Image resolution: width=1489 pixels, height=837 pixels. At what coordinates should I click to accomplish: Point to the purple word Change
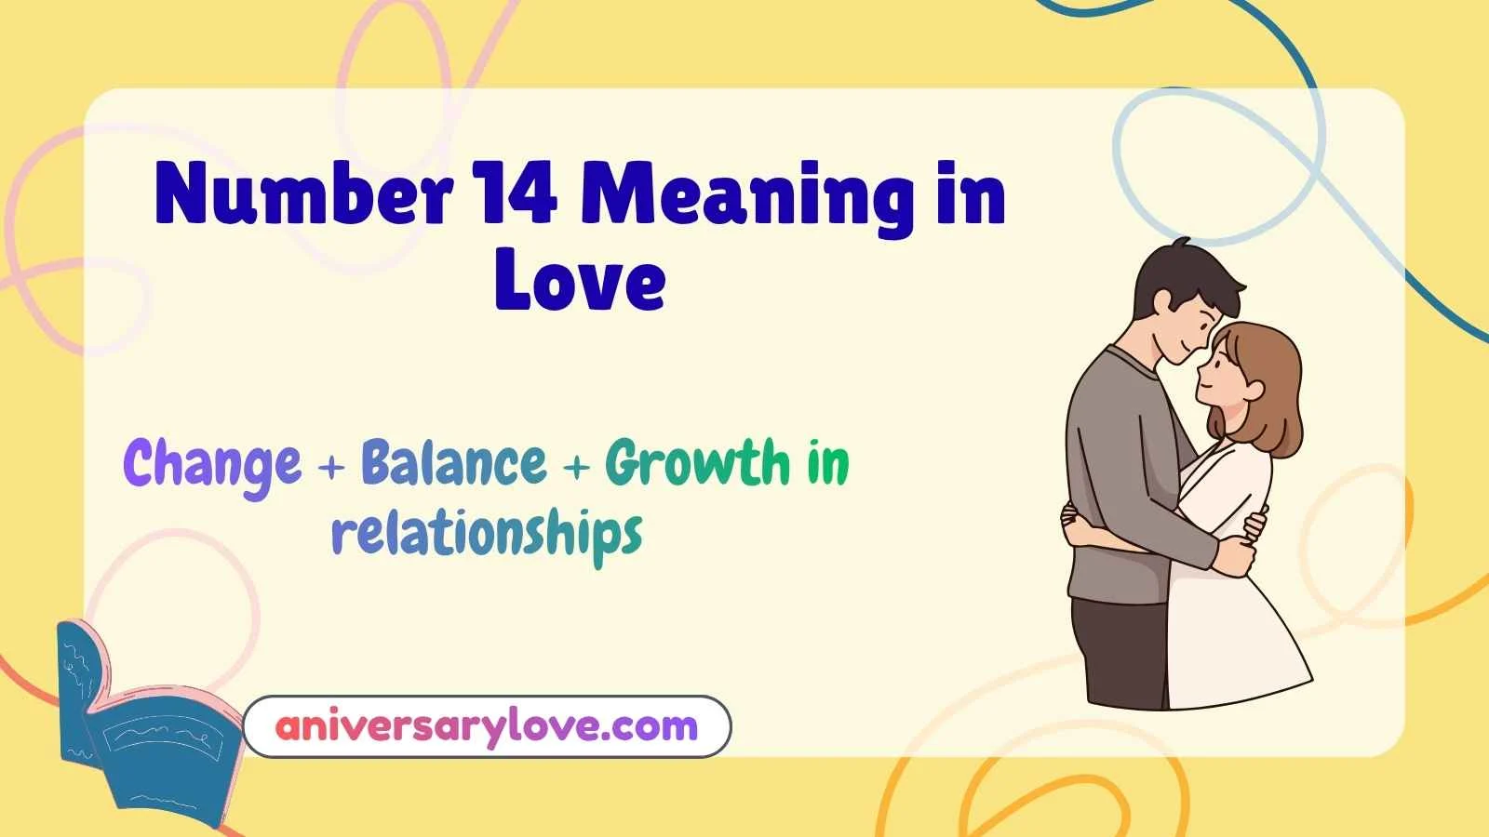coord(212,464)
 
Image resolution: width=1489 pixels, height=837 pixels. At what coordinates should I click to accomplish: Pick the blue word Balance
coord(453,462)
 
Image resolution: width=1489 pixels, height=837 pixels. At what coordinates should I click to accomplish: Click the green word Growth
coord(697,462)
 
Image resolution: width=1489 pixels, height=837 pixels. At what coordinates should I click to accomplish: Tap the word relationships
coord(487,534)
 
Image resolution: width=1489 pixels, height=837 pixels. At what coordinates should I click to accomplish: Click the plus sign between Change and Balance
coord(330,467)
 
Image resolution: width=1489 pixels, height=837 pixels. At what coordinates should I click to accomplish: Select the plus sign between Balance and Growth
coord(576,467)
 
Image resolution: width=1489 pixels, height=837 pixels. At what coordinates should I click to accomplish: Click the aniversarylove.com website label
coord(487,726)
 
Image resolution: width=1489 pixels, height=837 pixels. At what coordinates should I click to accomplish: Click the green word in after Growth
coord(827,462)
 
